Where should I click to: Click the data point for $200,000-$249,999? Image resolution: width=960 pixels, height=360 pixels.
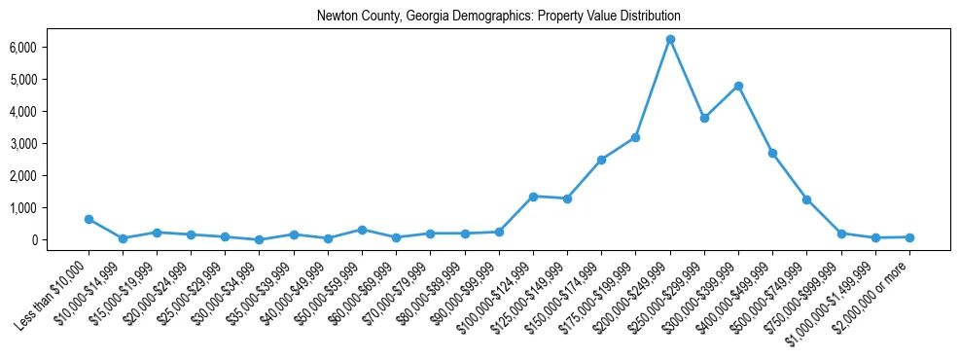[x=670, y=39]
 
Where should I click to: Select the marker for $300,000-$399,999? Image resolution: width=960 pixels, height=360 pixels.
[x=739, y=86]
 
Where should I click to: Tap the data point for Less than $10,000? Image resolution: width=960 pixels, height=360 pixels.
[x=89, y=219]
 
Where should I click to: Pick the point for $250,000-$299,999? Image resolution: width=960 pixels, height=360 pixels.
[x=704, y=118]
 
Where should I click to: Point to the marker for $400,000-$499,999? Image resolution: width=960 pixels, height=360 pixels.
[x=773, y=153]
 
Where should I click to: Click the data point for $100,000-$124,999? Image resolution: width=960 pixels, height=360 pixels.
[x=533, y=197]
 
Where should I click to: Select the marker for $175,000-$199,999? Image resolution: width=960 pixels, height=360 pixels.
[x=635, y=137]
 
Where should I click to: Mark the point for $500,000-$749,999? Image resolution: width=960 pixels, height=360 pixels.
[x=807, y=199]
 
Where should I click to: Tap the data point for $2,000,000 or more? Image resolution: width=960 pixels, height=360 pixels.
[x=909, y=237]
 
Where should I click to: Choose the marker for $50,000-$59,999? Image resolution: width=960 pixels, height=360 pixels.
[x=362, y=230]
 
